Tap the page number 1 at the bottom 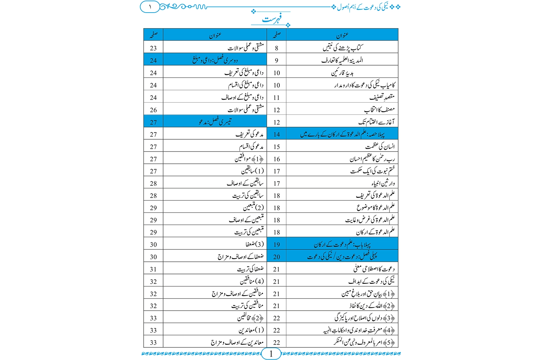click(271, 354)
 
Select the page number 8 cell click(276, 48)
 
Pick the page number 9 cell click(276, 60)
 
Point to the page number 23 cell click(153, 48)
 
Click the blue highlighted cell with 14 click(276, 134)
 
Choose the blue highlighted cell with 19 click(276, 244)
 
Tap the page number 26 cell click(153, 110)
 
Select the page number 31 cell click(153, 269)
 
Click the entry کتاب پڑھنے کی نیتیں click(343, 48)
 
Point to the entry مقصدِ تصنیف click(382, 97)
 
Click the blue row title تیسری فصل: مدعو click(215, 122)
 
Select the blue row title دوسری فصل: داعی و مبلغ click(215, 60)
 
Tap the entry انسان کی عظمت click(380, 147)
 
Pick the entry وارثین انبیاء click(383, 183)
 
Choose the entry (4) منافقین click(252, 281)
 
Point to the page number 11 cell click(276, 98)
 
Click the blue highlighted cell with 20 click(276, 257)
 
